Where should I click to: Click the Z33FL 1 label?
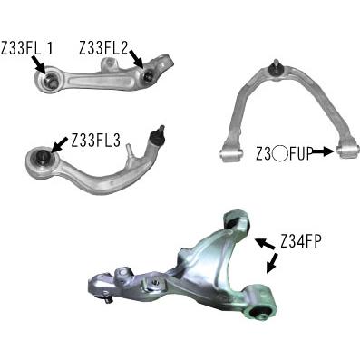(x=27, y=48)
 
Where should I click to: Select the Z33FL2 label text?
(x=104, y=48)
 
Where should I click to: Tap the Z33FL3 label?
(x=96, y=141)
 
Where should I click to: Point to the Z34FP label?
(x=299, y=241)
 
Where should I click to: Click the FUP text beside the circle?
(x=300, y=153)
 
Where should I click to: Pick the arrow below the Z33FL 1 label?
(x=38, y=65)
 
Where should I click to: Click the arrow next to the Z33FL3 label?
(x=60, y=144)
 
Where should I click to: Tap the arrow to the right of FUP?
(x=323, y=151)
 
